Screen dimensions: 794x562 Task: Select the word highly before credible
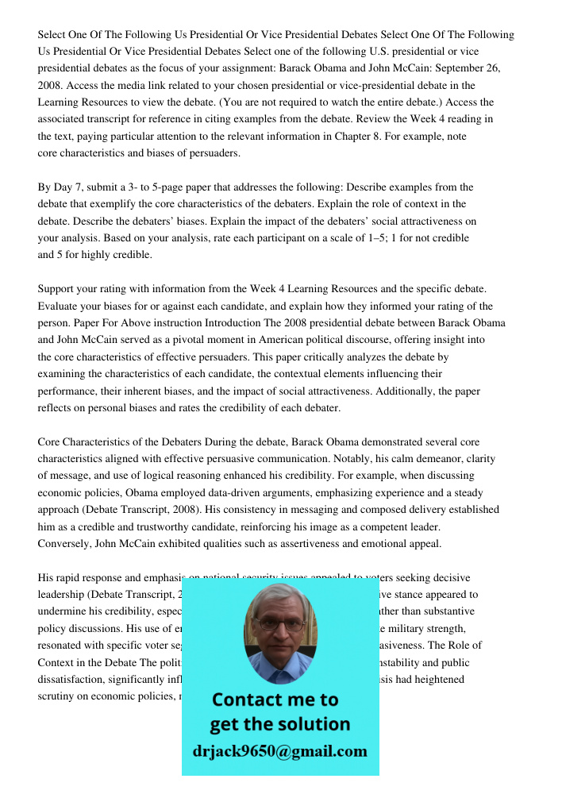[83, 255]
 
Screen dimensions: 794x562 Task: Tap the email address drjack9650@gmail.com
[280, 751]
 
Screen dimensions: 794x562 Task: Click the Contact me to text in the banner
[275, 700]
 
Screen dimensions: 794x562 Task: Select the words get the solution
[280, 724]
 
